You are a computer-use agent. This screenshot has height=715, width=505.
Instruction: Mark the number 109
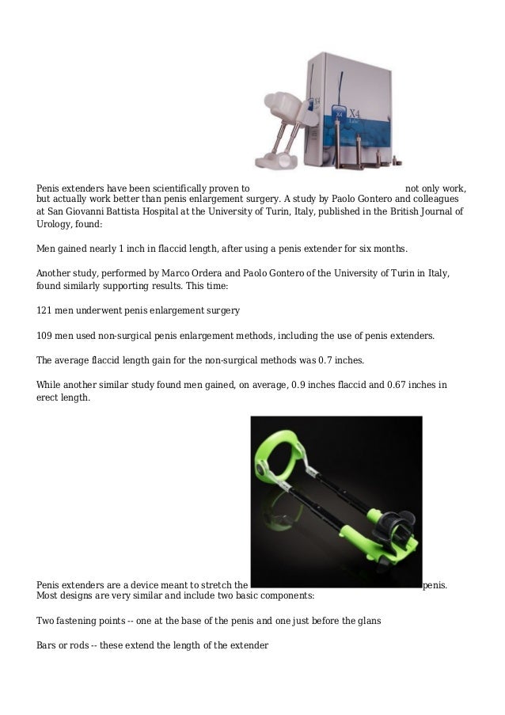[x=46, y=335]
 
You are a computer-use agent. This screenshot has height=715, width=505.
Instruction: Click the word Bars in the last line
[x=47, y=645]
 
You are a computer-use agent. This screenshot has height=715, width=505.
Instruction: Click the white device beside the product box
[x=286, y=127]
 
